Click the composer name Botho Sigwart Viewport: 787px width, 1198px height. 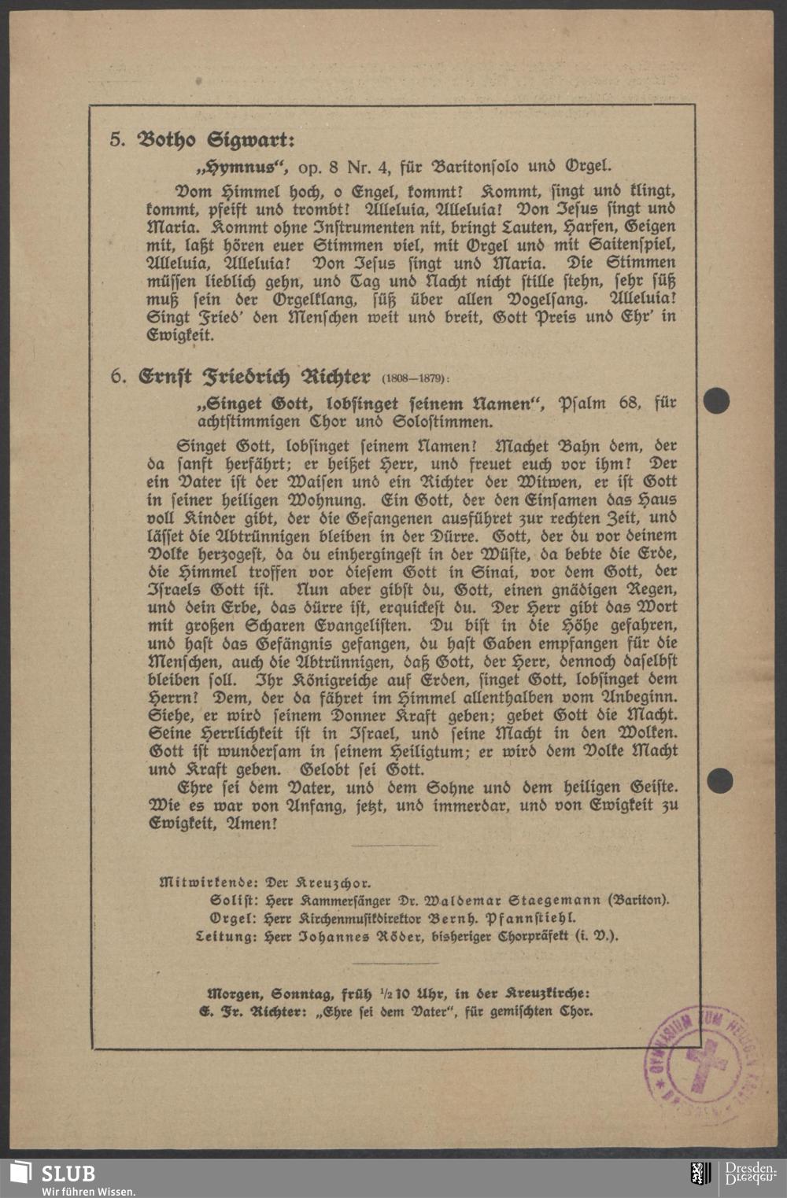pos(215,141)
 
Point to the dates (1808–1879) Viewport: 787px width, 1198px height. pos(416,378)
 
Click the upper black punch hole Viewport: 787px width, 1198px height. pos(716,401)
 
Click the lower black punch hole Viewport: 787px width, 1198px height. pos(719,781)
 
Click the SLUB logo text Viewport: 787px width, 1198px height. pos(68,1174)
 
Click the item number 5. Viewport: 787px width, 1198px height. pos(116,141)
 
